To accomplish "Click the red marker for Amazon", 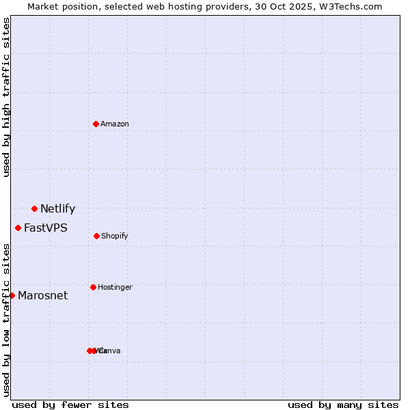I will (96, 124).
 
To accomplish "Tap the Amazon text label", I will (115, 124).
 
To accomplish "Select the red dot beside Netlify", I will (34, 208).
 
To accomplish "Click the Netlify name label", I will (57, 209).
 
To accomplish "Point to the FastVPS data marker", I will (18, 228).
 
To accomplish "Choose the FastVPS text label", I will (46, 228).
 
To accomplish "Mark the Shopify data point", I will (96, 236).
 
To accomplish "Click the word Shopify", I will (115, 236).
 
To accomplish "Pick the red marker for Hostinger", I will (93, 287).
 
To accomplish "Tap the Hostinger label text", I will (115, 288).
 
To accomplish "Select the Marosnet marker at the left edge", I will (12, 295).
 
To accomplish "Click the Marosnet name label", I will (43, 296).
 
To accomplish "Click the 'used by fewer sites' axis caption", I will (70, 405).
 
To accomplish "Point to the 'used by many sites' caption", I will (343, 405).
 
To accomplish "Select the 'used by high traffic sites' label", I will (6, 97).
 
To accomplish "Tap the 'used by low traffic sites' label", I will (6, 320).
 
